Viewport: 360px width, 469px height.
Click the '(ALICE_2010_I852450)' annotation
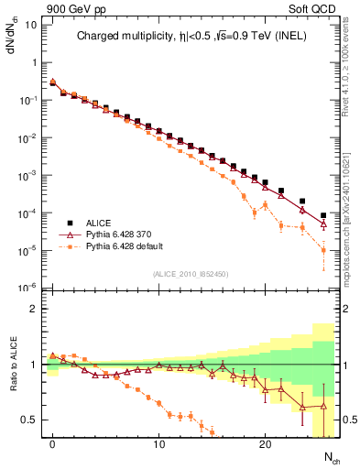(x=190, y=272)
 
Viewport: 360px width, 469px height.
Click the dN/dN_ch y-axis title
(x=13, y=37)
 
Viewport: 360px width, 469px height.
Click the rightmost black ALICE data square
(x=323, y=215)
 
